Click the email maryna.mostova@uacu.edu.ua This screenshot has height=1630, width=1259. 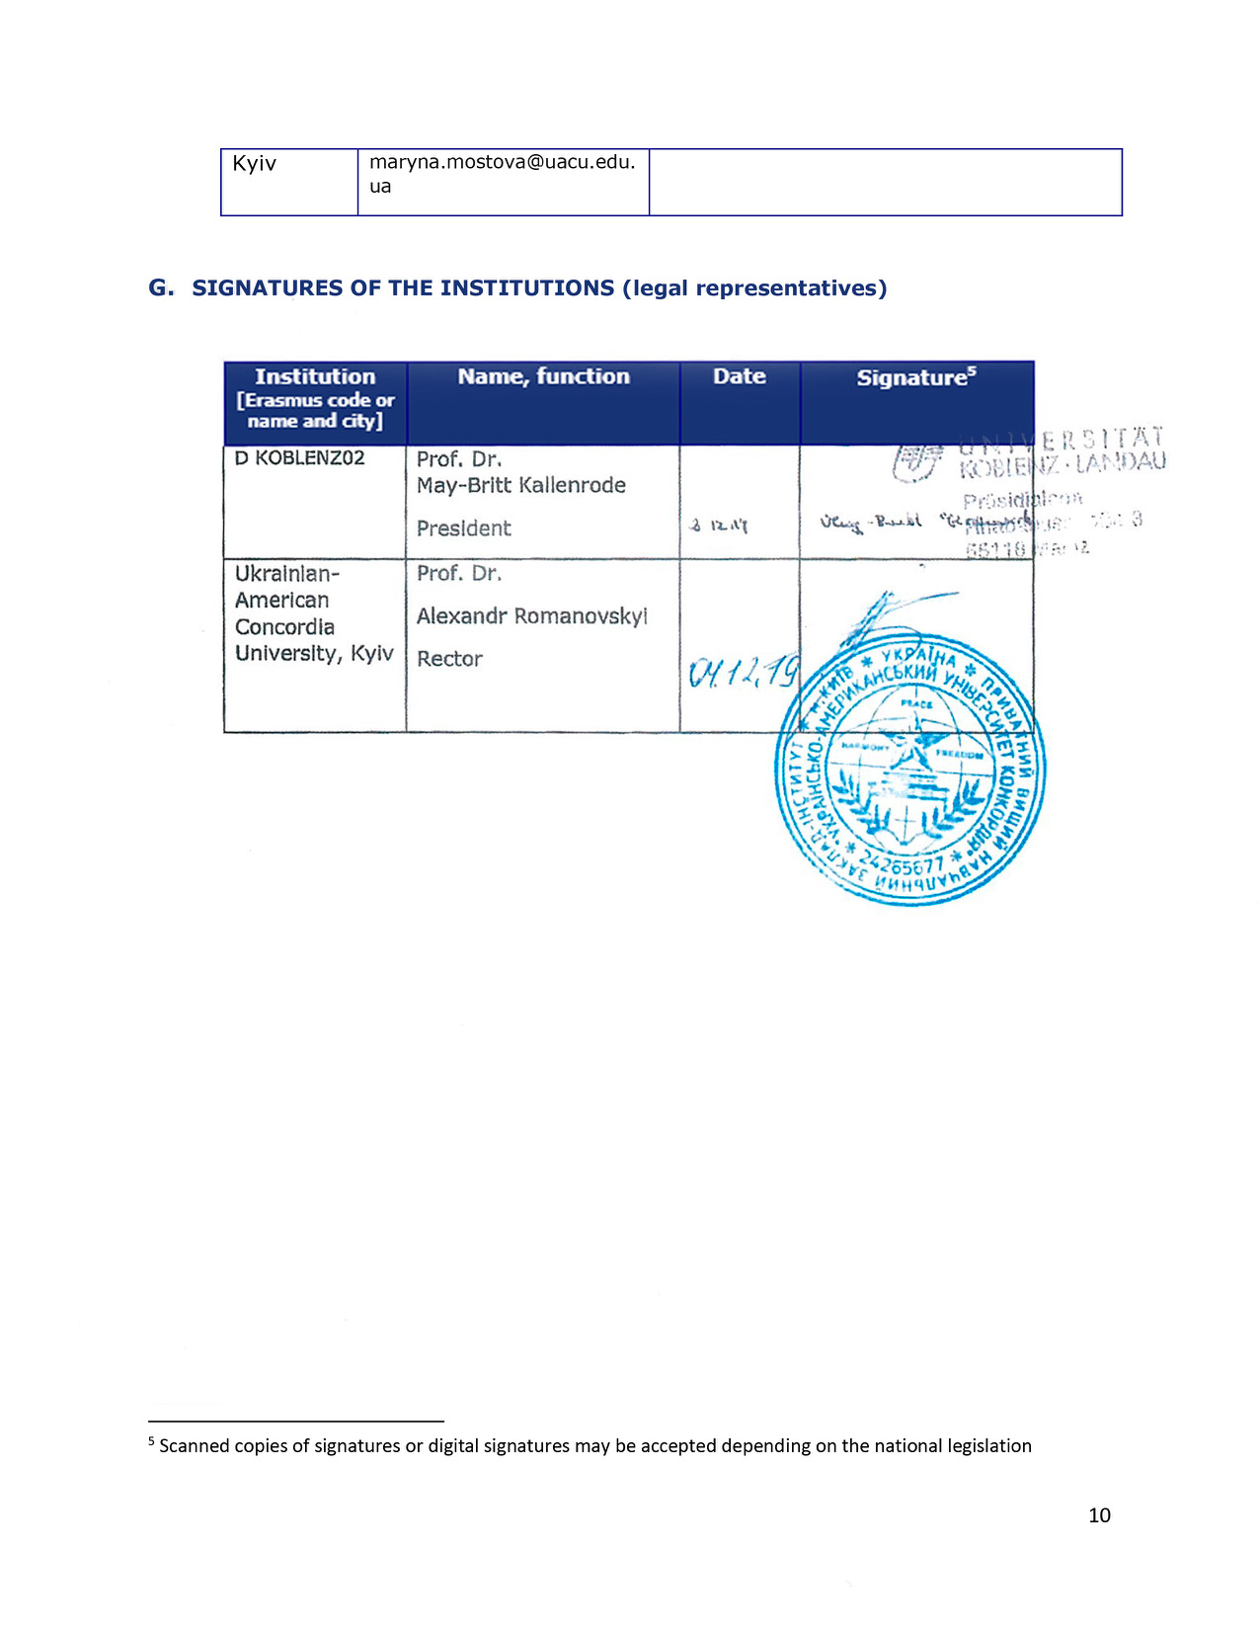click(x=502, y=173)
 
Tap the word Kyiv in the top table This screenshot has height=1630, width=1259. click(x=254, y=164)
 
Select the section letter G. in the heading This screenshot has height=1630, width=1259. click(x=161, y=287)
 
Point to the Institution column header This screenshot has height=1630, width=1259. click(x=315, y=377)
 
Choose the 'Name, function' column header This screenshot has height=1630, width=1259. click(x=543, y=376)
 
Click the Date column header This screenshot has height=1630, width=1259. click(x=739, y=376)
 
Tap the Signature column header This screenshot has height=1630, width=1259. click(x=915, y=377)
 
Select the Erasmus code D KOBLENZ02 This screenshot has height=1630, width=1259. click(x=299, y=458)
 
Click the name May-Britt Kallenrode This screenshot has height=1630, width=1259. click(x=520, y=485)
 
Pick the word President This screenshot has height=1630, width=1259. click(x=463, y=529)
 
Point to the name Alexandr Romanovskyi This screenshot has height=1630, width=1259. click(x=531, y=616)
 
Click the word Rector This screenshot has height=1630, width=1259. click(x=449, y=659)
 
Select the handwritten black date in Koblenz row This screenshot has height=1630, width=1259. click(x=719, y=527)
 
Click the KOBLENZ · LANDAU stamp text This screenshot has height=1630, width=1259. click(x=1062, y=462)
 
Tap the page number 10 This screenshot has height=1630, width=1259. click(x=1099, y=1515)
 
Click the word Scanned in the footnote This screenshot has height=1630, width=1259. click(x=196, y=1446)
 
